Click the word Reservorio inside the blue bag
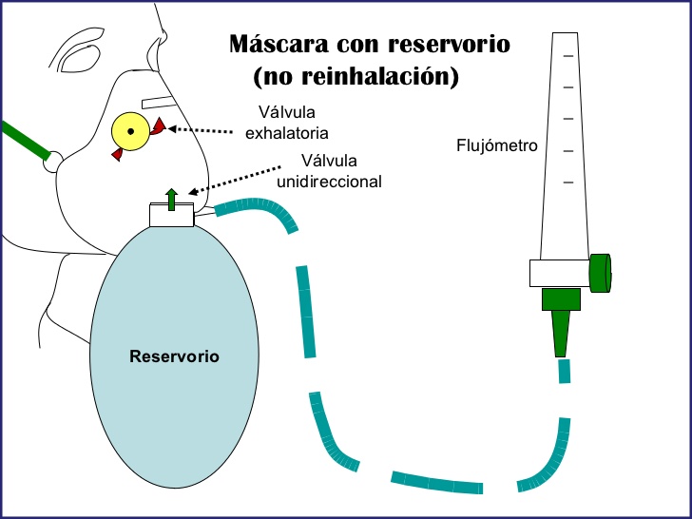[174, 357]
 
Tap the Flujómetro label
[496, 146]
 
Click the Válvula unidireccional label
[340, 169]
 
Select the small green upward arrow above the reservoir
[171, 199]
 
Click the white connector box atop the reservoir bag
[171, 216]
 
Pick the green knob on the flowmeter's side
[600, 273]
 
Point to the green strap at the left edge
[25, 140]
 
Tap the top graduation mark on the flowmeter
[568, 57]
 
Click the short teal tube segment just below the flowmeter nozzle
[564, 371]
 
